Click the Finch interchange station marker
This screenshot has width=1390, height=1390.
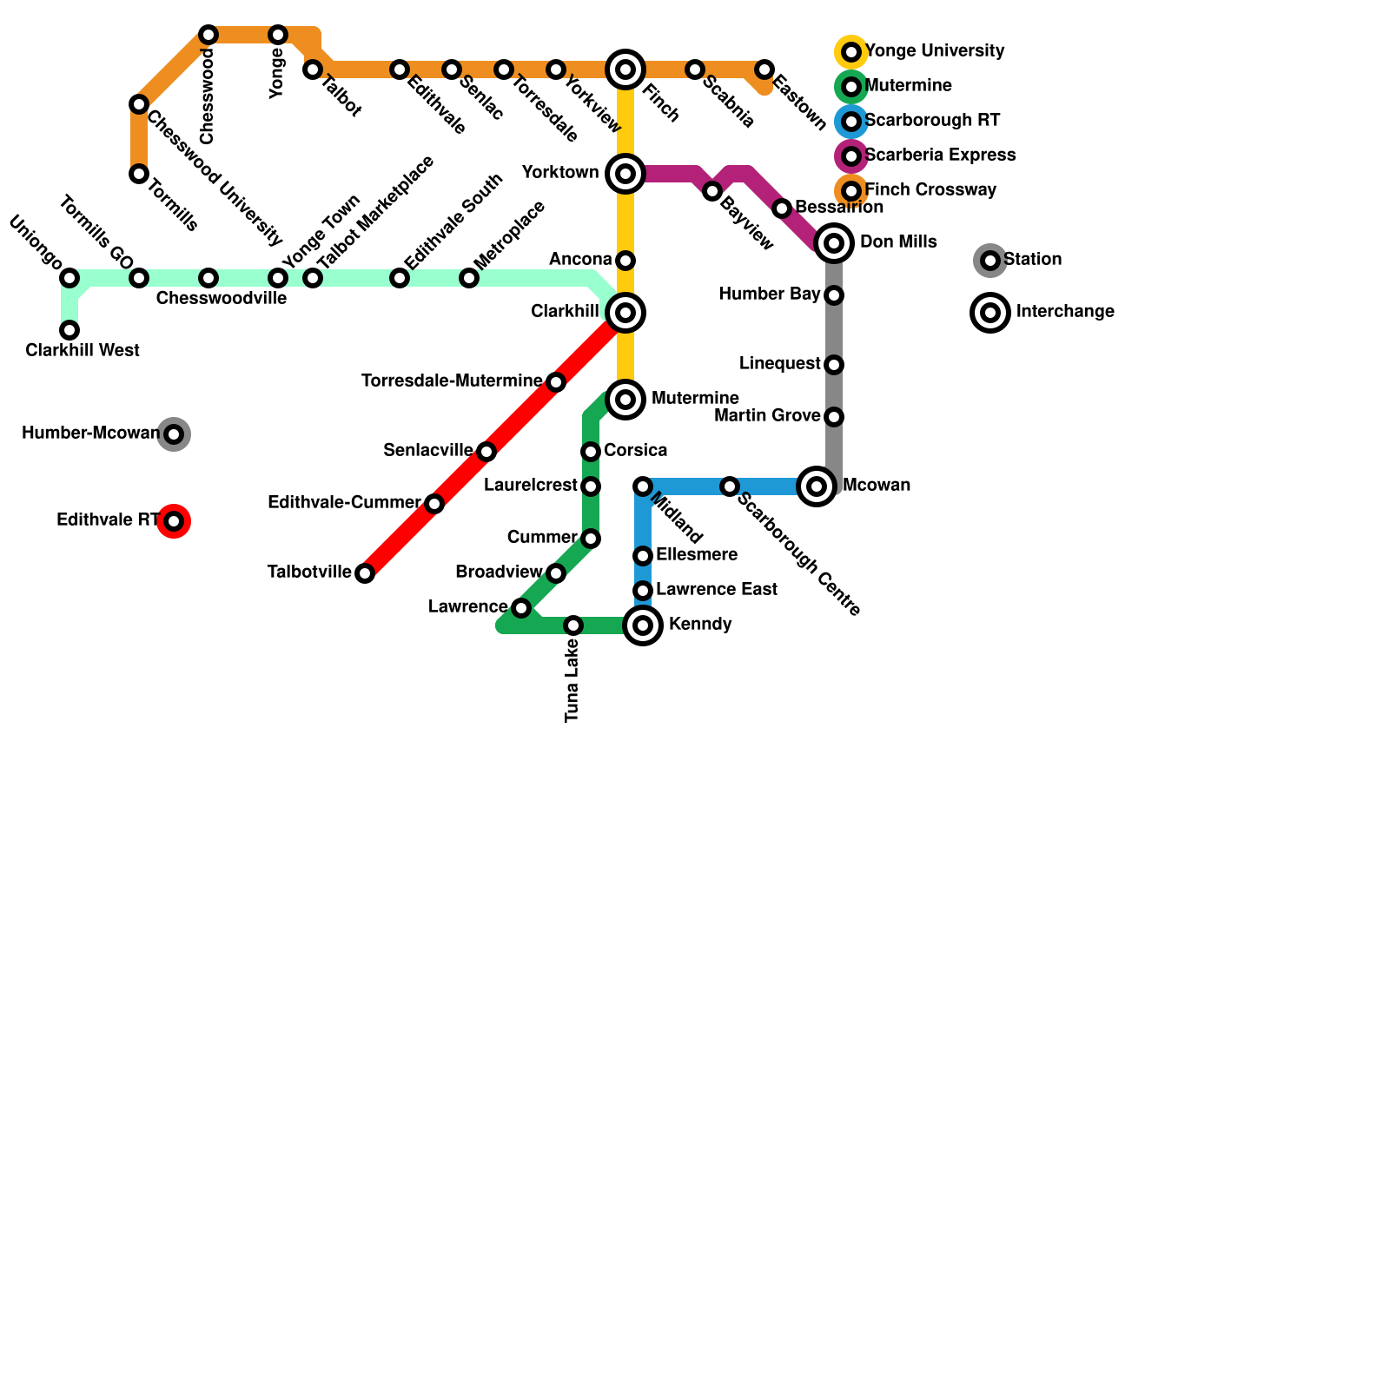(625, 69)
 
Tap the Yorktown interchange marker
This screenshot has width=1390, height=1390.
(625, 174)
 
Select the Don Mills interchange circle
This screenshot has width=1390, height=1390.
(834, 243)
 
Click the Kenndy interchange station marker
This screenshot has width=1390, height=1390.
(643, 625)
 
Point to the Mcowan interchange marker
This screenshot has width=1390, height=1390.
(817, 486)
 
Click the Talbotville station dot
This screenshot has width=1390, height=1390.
(365, 573)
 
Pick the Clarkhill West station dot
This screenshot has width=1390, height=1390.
(69, 330)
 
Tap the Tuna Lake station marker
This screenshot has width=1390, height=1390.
(573, 625)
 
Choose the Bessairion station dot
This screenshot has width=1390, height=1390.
(782, 208)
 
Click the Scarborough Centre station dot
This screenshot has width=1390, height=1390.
(730, 486)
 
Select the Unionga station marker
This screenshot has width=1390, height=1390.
(69, 278)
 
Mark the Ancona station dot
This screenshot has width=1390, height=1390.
(625, 261)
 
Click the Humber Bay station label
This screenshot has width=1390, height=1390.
(769, 295)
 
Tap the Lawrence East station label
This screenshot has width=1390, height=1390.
(717, 590)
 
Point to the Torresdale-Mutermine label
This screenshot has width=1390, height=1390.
(451, 381)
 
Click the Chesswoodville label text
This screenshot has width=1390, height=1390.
(222, 299)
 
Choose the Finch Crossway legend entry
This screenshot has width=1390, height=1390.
(930, 190)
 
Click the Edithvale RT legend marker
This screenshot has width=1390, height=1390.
(174, 521)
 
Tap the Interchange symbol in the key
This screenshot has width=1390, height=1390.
(990, 313)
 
